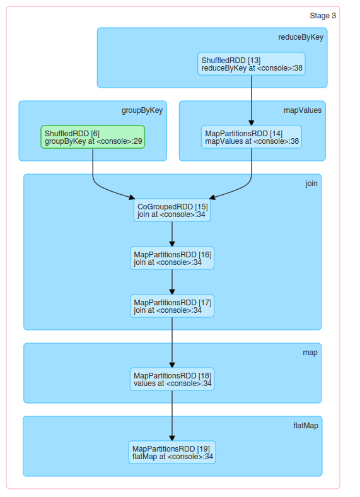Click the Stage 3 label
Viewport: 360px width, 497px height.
[x=322, y=16]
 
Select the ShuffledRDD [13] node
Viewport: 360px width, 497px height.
[x=251, y=64]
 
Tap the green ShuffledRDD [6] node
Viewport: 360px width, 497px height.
[x=93, y=137]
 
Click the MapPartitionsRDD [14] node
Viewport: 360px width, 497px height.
[x=252, y=137]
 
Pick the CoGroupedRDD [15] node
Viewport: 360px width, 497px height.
[x=172, y=210]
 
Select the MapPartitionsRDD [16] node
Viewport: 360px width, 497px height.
[x=172, y=258]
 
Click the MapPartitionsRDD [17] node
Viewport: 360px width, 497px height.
[x=172, y=306]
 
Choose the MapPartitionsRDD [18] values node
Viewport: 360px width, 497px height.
[x=172, y=379]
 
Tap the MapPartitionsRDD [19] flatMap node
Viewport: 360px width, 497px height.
[x=172, y=452]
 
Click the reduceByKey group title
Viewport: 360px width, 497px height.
[x=301, y=37]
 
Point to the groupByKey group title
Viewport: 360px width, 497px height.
[x=142, y=110]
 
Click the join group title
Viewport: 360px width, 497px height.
[x=311, y=184]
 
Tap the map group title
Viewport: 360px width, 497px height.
[x=310, y=353]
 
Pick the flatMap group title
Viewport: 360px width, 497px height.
[x=305, y=426]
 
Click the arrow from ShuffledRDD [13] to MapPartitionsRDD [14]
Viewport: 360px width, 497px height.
[x=251, y=101]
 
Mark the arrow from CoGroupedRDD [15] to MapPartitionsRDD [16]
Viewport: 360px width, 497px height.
[x=172, y=234]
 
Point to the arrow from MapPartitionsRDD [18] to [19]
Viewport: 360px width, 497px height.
[x=172, y=416]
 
